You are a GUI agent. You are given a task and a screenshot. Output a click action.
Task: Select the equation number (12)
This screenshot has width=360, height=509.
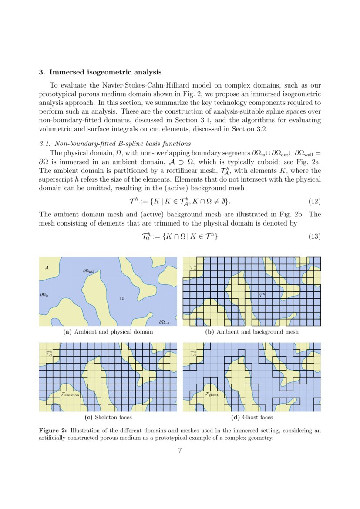coord(314,201)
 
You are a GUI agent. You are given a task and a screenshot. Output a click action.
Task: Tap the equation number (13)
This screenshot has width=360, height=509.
coord(314,236)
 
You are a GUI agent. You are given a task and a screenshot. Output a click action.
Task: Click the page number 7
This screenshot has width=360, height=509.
coord(180,451)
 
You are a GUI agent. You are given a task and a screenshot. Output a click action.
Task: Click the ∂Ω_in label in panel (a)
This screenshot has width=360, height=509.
coord(44,295)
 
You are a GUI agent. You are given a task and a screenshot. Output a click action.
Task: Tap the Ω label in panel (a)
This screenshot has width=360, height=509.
coord(122,299)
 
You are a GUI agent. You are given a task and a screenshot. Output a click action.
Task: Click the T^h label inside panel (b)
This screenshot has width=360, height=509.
coord(262,295)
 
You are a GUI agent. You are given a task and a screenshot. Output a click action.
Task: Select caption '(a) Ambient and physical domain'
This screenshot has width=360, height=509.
coord(108,332)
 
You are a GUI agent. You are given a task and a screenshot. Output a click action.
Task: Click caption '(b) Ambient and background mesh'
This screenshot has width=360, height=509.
coord(252,332)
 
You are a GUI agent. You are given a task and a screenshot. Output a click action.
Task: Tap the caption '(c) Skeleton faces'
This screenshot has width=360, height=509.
coord(108,418)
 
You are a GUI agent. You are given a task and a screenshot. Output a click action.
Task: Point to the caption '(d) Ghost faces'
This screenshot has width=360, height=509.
coord(252,418)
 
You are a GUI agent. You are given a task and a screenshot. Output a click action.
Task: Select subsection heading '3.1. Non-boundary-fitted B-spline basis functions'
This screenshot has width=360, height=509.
coord(115,144)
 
